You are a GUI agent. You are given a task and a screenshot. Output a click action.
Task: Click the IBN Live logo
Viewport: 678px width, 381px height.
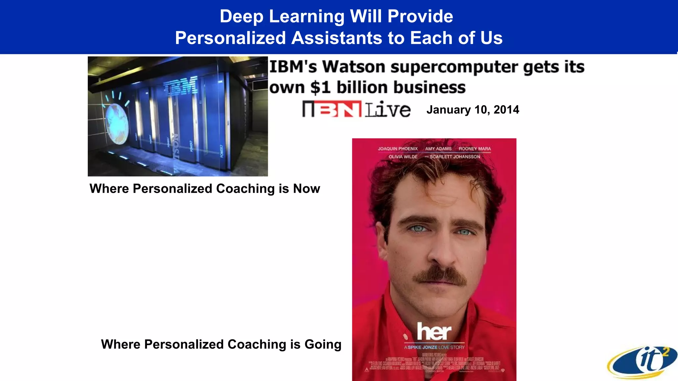click(x=356, y=109)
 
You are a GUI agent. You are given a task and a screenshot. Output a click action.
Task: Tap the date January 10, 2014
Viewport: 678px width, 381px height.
click(x=473, y=110)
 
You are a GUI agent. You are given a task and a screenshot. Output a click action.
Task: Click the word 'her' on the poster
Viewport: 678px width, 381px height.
click(x=434, y=331)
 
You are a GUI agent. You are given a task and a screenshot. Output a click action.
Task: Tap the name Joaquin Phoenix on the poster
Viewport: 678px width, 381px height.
click(x=398, y=149)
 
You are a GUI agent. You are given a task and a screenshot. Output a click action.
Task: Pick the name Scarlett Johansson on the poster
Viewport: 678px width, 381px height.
click(x=455, y=157)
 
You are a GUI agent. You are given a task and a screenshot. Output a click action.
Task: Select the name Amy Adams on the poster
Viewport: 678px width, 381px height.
click(x=438, y=149)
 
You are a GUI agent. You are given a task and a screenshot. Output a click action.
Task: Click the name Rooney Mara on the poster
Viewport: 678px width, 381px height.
click(x=475, y=149)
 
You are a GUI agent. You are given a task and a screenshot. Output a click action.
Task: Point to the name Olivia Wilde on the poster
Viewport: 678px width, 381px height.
click(x=403, y=157)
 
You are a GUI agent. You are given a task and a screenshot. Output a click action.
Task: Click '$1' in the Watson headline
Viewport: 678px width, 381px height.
click(x=320, y=88)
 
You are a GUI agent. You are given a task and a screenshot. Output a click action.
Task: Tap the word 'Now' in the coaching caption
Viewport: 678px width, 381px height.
click(x=307, y=189)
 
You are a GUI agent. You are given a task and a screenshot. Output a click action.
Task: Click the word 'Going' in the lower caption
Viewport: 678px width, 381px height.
click(x=323, y=344)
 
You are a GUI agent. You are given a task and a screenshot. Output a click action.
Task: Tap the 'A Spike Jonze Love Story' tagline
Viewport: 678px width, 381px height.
click(x=434, y=347)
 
